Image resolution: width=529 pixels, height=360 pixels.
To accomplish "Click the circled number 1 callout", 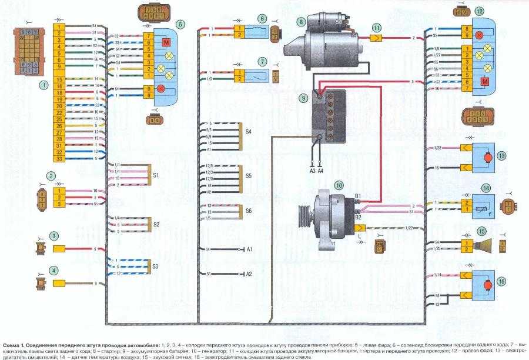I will pos(43,84).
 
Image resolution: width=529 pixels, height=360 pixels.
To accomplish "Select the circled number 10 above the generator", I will pos(339,185).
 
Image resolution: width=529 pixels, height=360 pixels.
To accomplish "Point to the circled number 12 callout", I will pos(480,10).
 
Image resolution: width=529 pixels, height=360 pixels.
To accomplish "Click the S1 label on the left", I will pos(156,175).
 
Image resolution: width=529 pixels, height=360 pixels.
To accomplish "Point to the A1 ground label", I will pos(249,249).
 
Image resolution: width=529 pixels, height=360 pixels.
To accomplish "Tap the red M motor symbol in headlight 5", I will pos(166,43).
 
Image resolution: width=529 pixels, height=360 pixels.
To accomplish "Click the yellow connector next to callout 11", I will pos(377,37).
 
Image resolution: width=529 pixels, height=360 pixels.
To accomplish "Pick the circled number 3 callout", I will pos(53,236).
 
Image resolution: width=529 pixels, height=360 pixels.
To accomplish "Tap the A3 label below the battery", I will pos(312,171).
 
